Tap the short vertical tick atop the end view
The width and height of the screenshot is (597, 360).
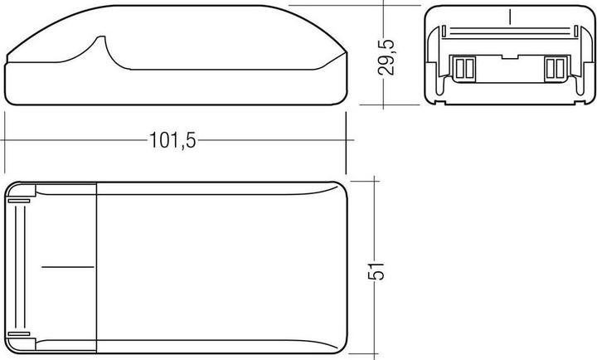(509, 16)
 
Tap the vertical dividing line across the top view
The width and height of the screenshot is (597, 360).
(98, 267)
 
